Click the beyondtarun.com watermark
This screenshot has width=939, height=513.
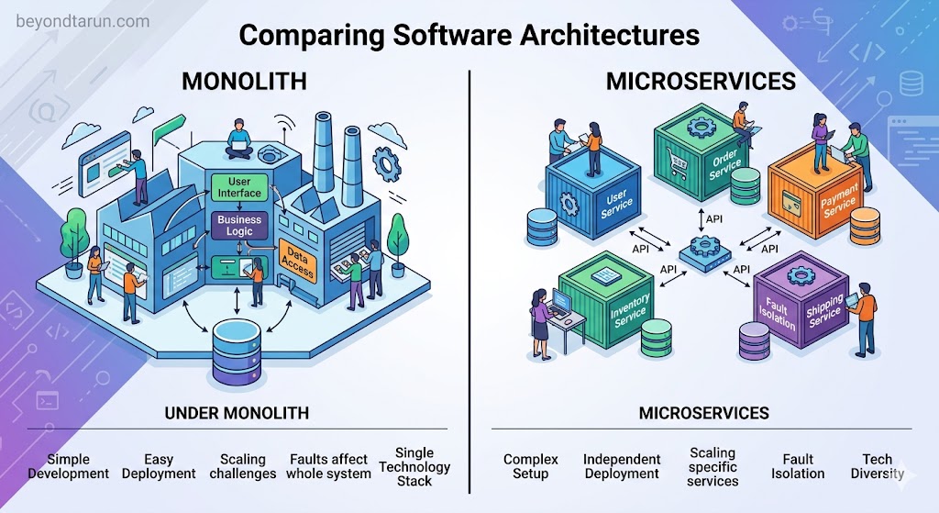83,22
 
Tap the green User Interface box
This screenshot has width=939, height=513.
239,187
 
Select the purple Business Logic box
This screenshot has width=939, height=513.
239,226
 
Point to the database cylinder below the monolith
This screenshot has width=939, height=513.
238,351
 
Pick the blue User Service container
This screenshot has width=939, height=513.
592,194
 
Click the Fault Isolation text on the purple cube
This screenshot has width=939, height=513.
777,313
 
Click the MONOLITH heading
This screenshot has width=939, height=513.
244,82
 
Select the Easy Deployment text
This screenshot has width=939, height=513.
159,466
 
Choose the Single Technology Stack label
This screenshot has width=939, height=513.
414,466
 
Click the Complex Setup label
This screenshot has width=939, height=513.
531,466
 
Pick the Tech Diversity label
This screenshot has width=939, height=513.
878,466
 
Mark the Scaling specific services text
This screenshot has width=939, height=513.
713,467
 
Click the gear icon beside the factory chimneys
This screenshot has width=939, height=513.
386,163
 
